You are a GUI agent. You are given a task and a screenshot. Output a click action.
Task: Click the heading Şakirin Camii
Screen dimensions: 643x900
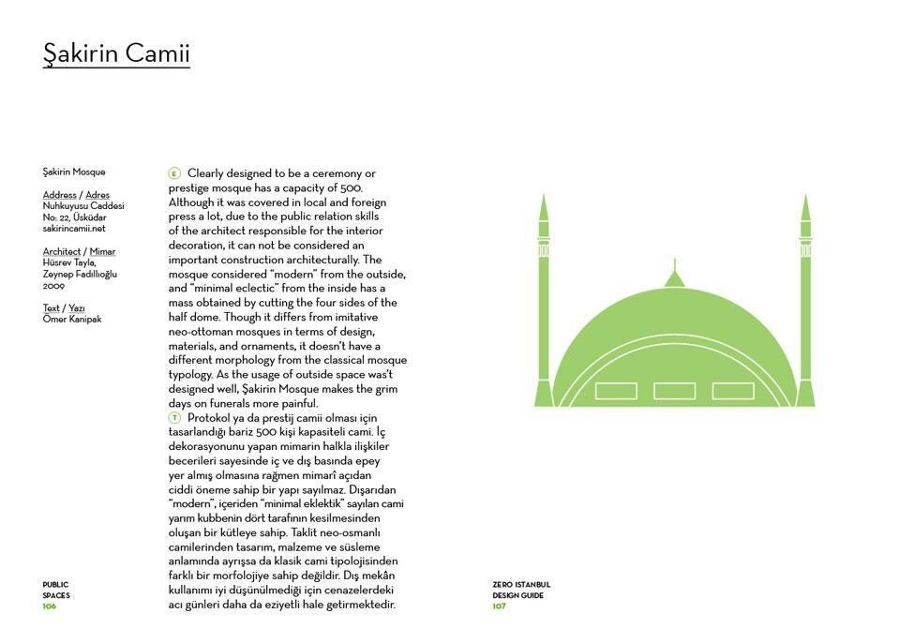pos(116,53)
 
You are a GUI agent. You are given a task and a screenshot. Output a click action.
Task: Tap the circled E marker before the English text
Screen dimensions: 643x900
pos(174,173)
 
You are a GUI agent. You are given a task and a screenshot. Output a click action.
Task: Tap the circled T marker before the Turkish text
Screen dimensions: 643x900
pos(174,417)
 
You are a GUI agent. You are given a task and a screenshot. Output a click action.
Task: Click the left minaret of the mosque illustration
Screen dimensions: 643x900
pos(543,300)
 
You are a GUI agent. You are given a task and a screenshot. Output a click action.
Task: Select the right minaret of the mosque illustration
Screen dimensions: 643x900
pos(805,300)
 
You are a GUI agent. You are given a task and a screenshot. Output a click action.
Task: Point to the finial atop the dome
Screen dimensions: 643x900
pos(673,275)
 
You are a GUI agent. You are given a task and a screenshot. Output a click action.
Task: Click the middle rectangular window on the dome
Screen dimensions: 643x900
pos(674,391)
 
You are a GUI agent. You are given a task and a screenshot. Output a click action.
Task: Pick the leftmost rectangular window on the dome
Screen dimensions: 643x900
pos(617,391)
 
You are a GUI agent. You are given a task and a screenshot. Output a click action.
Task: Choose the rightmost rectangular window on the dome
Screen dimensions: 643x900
pos(733,391)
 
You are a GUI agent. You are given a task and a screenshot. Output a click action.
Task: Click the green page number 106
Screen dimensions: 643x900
pos(50,606)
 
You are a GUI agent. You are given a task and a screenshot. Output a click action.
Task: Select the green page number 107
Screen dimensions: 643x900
pos(500,606)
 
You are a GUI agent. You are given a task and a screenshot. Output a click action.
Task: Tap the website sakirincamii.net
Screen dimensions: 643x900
pos(74,228)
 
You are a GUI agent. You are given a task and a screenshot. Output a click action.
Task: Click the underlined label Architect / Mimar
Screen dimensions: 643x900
pos(79,251)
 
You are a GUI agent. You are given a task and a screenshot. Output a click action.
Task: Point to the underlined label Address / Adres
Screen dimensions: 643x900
pos(76,195)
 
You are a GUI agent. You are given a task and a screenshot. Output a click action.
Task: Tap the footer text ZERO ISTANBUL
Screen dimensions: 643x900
pos(521,584)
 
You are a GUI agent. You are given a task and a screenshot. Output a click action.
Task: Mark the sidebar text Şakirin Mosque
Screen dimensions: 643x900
pos(74,172)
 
